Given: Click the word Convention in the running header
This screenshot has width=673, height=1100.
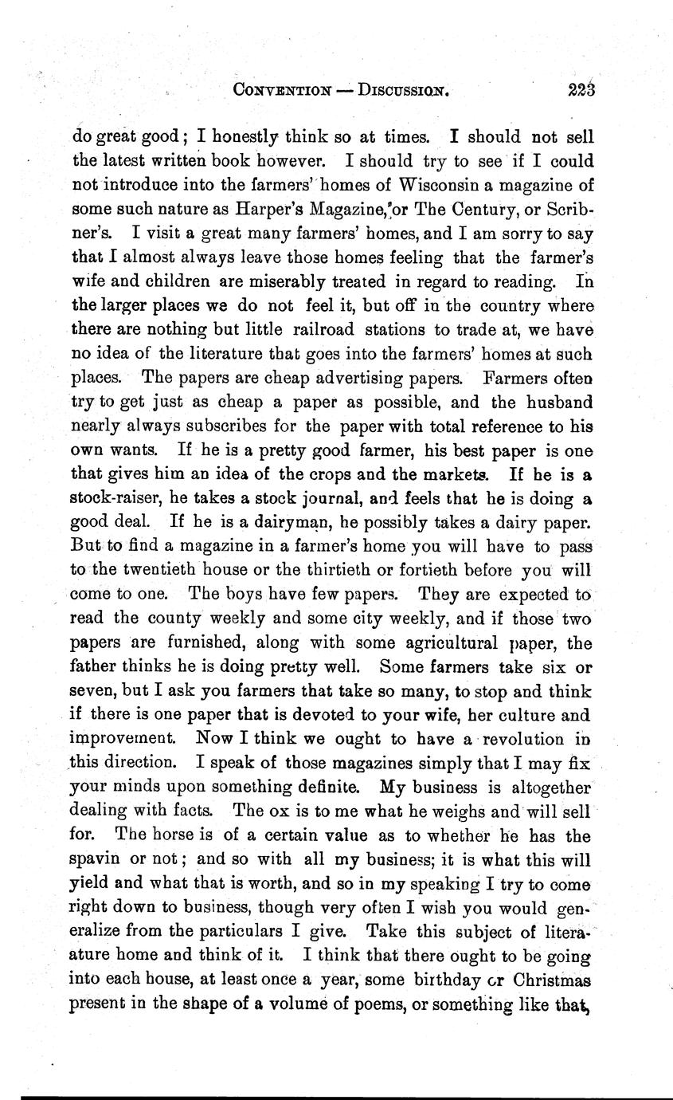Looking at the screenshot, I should (282, 91).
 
